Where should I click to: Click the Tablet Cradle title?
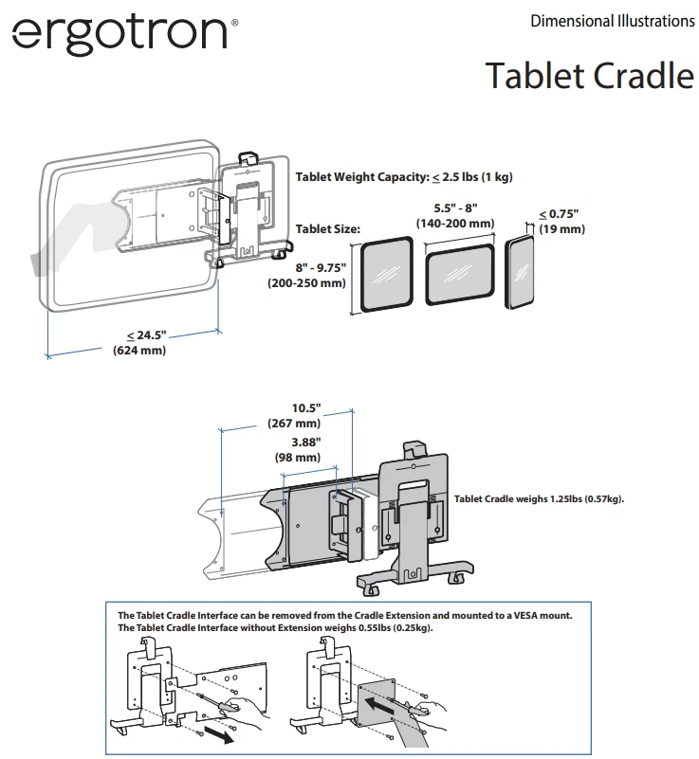pos(589,75)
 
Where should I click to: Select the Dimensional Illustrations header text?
pos(612,21)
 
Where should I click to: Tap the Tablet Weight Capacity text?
pos(404,177)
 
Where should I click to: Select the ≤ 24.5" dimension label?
pos(139,343)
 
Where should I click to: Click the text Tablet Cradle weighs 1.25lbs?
pos(539,498)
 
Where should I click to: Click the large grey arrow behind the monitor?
pos(66,237)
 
